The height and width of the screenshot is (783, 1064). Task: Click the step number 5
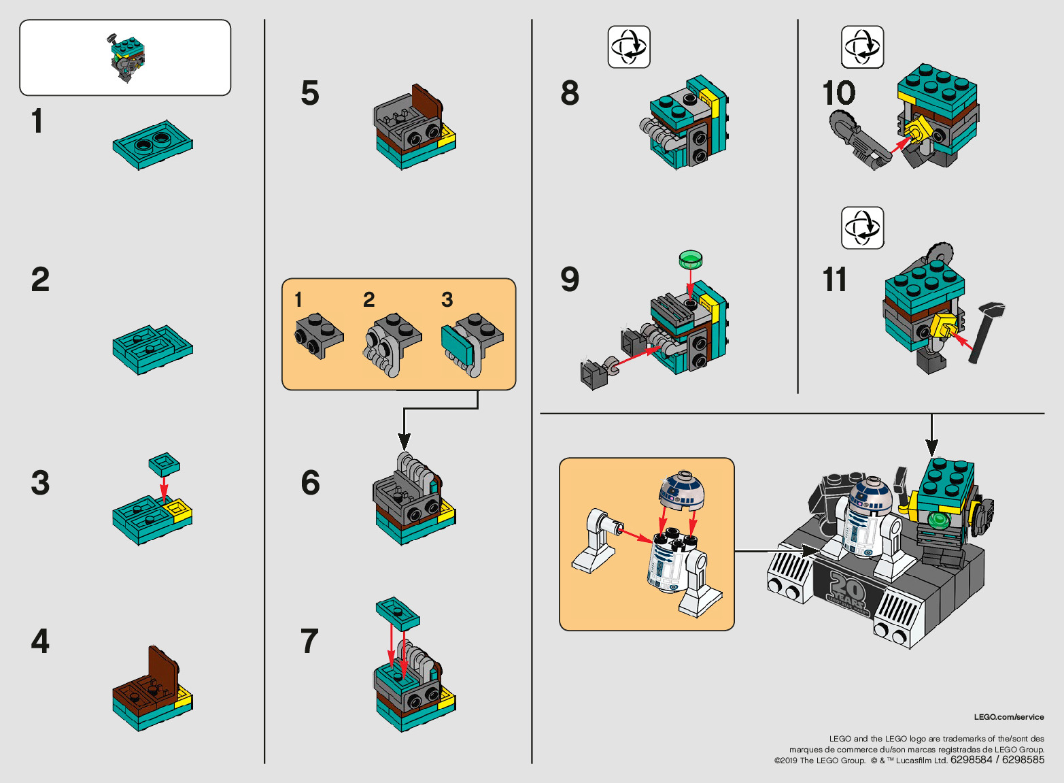pyautogui.click(x=310, y=93)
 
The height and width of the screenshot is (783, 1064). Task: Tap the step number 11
pyautogui.click(x=834, y=280)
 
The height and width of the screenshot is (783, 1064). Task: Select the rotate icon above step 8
pyautogui.click(x=629, y=46)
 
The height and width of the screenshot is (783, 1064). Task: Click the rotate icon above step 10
pyautogui.click(x=862, y=46)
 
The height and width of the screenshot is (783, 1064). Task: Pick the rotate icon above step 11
pyautogui.click(x=862, y=228)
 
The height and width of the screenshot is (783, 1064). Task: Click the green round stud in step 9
pyautogui.click(x=691, y=260)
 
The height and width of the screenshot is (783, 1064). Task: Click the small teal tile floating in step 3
pyautogui.click(x=165, y=463)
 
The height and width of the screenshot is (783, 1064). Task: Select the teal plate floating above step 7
pyautogui.click(x=398, y=614)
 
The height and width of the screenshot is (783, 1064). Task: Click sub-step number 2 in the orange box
pyautogui.click(x=368, y=300)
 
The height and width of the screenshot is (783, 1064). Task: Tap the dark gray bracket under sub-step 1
pyautogui.click(x=319, y=335)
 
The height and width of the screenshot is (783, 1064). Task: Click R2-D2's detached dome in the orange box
pyautogui.click(x=682, y=490)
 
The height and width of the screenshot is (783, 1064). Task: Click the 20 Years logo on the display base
pyautogui.click(x=848, y=593)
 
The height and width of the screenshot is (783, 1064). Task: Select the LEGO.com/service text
pyautogui.click(x=1009, y=717)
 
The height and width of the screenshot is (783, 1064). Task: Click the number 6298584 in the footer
pyautogui.click(x=971, y=760)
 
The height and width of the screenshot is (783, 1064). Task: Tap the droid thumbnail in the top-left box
pyautogui.click(x=127, y=59)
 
